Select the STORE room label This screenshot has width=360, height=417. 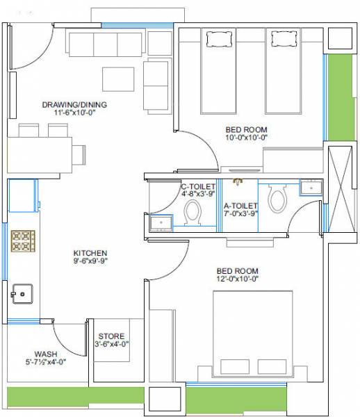click(x=111, y=336)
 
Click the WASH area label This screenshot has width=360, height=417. click(x=46, y=353)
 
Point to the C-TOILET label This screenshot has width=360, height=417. click(x=197, y=186)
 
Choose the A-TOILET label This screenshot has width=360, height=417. click(x=241, y=206)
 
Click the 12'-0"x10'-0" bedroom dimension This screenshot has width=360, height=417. click(x=237, y=279)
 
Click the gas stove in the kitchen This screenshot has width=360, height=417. click(x=22, y=242)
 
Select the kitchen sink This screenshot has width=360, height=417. click(x=23, y=294)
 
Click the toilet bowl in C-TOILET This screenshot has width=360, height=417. click(x=193, y=215)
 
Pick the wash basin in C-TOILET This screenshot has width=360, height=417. click(x=161, y=223)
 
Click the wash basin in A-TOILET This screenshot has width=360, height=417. click(x=310, y=187)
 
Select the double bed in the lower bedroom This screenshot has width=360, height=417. click(x=249, y=334)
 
